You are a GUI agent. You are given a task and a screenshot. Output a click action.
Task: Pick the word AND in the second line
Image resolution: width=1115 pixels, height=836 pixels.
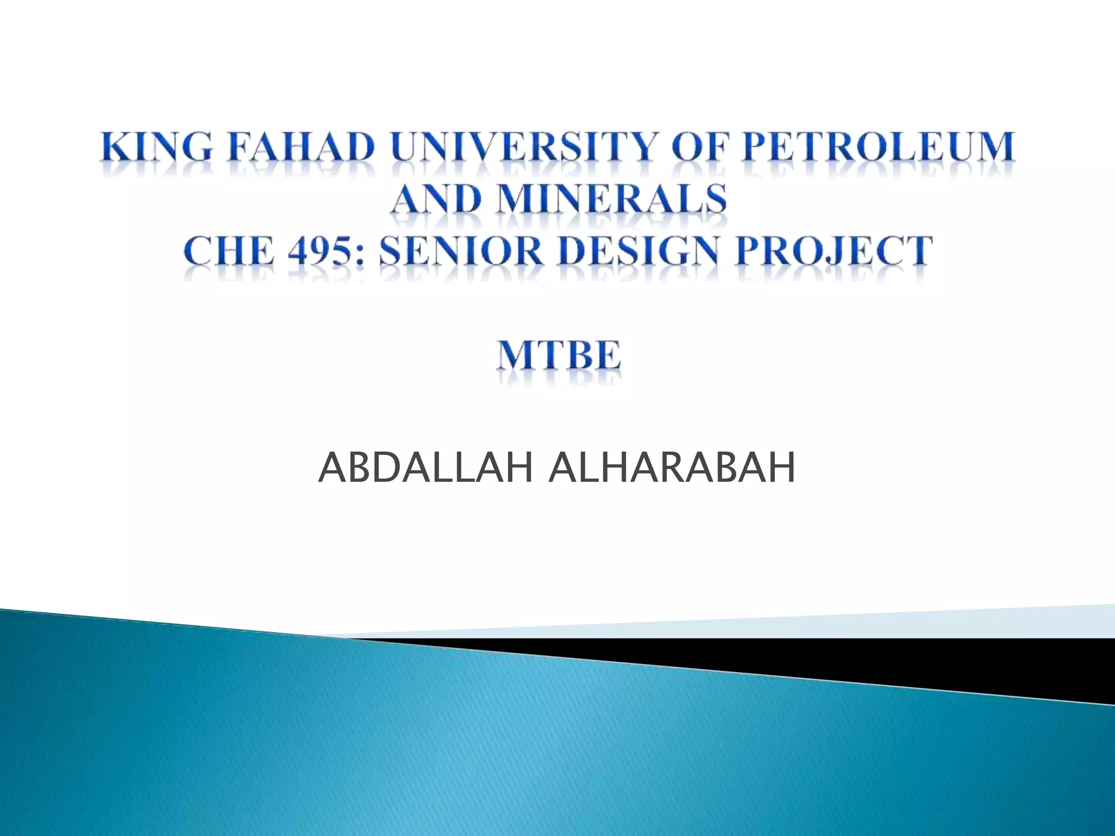436,198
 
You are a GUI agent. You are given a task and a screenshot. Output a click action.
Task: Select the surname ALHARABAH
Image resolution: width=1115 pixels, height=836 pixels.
672,468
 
